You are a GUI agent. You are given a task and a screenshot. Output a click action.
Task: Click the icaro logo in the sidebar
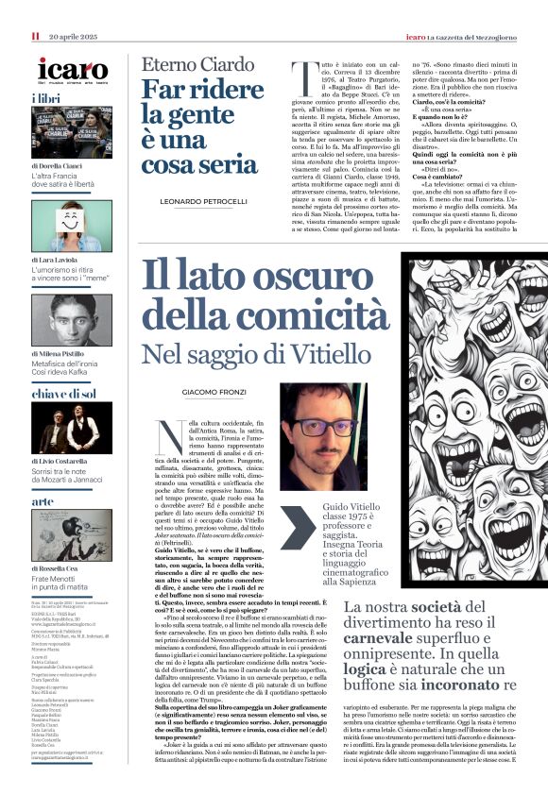click(x=73, y=69)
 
